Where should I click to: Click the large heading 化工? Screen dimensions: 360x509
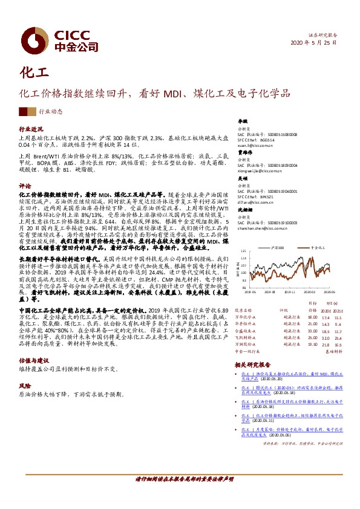(x=33, y=73)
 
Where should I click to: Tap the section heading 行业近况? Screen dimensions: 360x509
(x=31, y=129)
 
